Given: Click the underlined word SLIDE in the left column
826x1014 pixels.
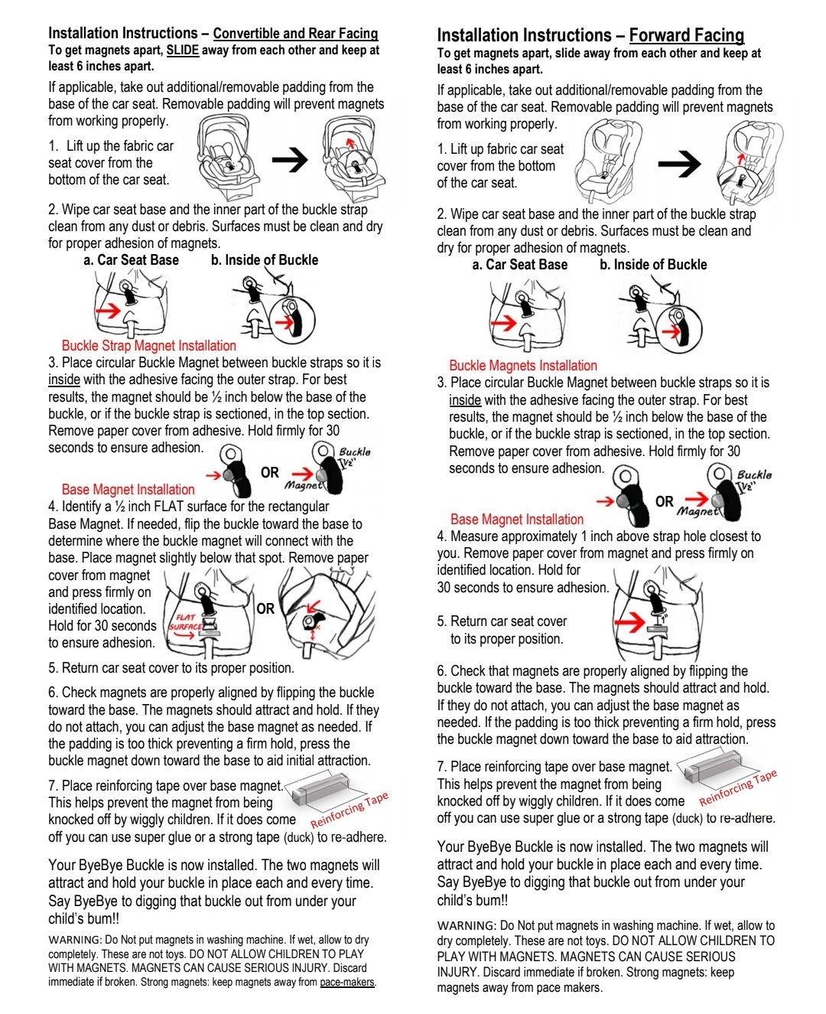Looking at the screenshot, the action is coord(183,50).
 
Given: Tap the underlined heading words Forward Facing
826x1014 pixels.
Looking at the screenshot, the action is coord(687,35).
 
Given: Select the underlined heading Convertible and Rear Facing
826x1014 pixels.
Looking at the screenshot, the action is coord(295,34).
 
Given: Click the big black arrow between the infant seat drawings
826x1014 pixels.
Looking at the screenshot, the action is coord(290,159).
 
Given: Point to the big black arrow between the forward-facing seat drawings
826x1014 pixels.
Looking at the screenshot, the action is coord(679,164).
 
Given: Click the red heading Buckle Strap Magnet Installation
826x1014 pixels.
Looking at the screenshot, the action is coord(149,346).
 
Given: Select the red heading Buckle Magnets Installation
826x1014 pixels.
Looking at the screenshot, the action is coord(523,366).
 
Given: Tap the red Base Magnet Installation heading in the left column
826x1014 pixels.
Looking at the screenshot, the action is coord(128,489).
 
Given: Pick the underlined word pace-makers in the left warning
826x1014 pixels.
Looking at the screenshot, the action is coord(347,982).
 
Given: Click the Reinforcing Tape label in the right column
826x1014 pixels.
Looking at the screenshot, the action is coord(738,787).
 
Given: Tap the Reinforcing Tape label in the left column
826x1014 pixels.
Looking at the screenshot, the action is coord(350,810).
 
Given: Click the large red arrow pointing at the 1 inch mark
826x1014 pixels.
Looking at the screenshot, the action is coord(629,622).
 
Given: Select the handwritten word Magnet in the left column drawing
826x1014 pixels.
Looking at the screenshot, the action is coord(304,485).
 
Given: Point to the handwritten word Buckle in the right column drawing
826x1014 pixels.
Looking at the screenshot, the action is coord(755,474).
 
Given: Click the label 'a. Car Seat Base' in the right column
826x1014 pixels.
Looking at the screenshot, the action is coord(519,265).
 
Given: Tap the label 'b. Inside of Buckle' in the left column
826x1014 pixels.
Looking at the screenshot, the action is coord(265,260).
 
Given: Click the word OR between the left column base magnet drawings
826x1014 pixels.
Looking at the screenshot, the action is coord(265,609).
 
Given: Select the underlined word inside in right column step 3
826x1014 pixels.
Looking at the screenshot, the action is coord(465,400).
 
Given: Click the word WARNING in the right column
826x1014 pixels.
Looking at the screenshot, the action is coord(467,926).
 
